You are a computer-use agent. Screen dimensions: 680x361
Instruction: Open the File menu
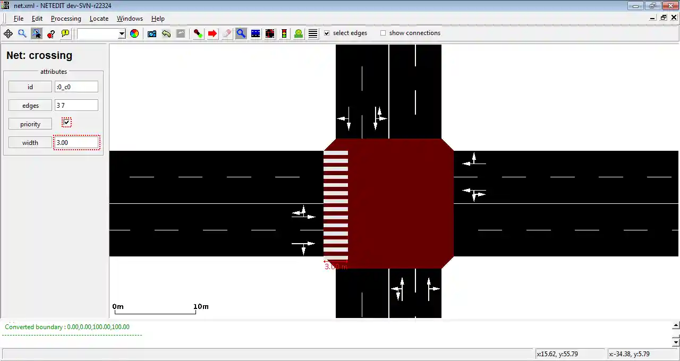[19, 19]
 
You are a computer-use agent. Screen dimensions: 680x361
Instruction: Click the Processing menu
[66, 19]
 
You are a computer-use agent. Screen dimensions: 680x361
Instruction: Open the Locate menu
[99, 19]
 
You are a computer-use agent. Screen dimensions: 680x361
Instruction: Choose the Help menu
[158, 19]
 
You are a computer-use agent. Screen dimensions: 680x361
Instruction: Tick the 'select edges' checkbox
[327, 33]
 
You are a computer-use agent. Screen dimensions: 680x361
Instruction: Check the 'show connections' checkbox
[383, 33]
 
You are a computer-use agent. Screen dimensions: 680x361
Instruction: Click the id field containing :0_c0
[76, 87]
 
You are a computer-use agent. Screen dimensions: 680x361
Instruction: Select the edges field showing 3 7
[76, 105]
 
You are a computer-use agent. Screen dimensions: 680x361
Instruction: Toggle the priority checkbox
[66, 122]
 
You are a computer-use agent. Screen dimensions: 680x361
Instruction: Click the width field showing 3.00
[76, 143]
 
